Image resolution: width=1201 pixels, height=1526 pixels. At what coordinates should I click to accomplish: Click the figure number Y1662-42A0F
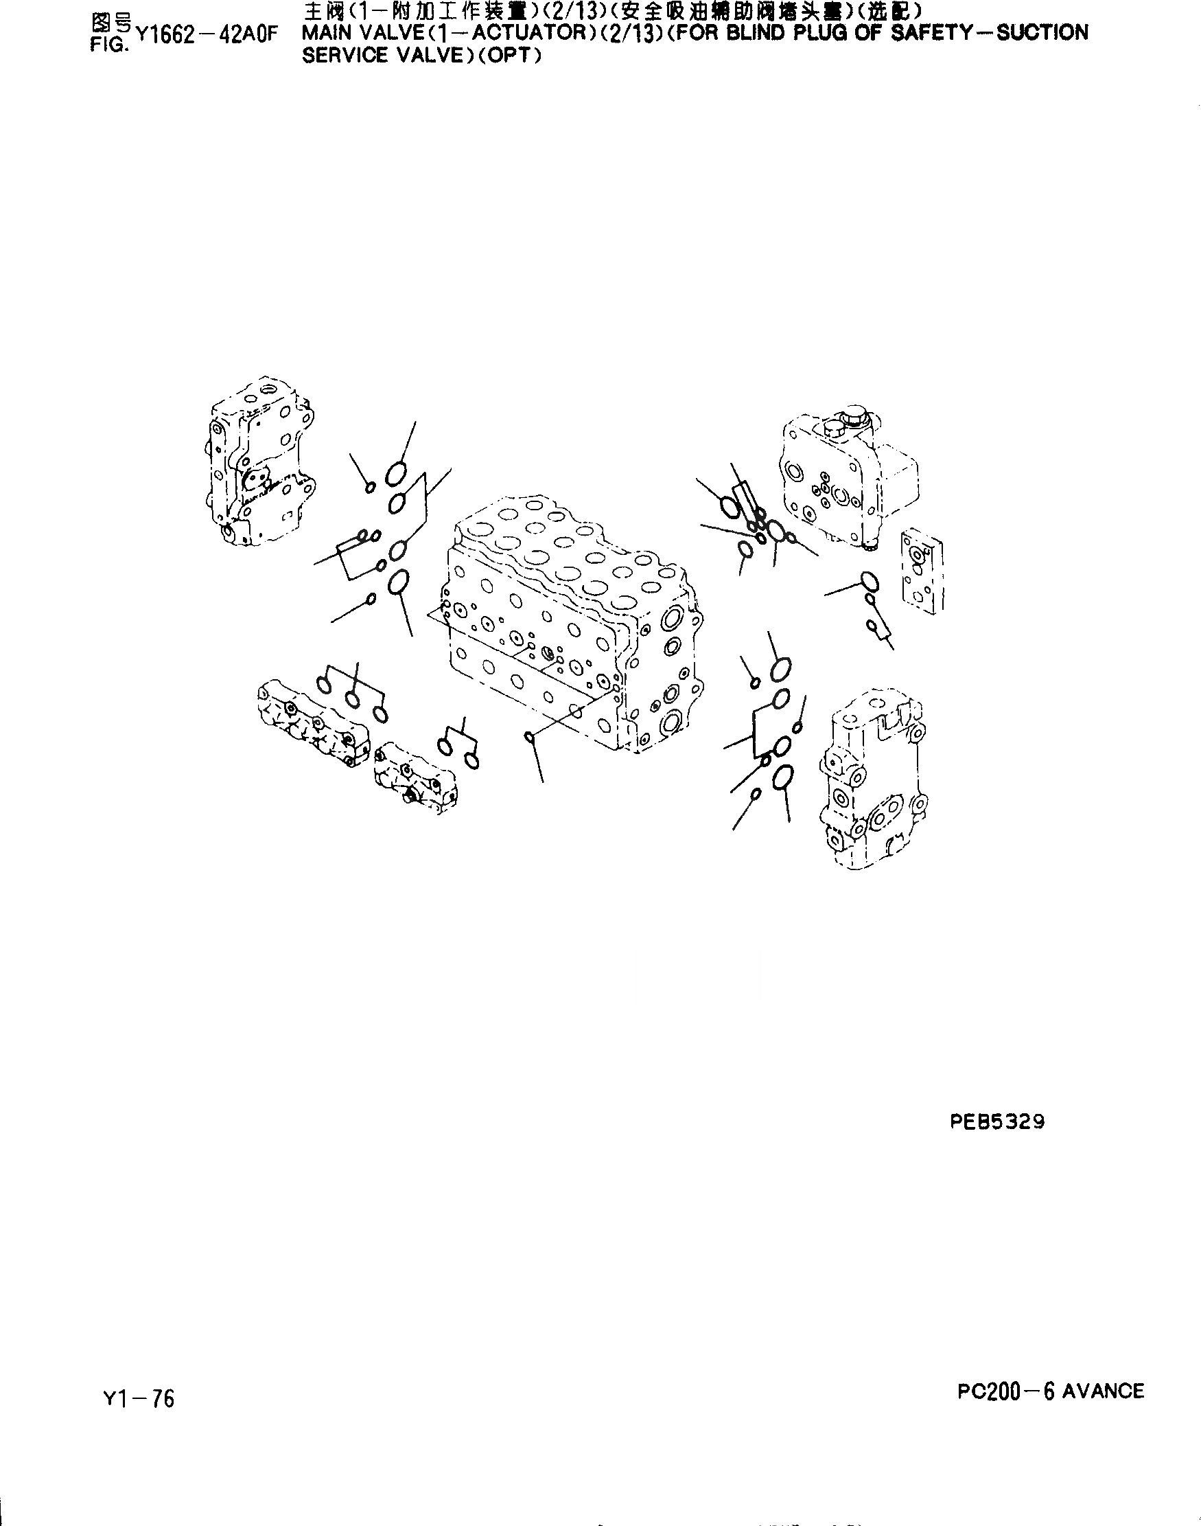[207, 35]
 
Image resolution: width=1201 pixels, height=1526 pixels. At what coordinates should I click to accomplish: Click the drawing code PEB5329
[997, 1121]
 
